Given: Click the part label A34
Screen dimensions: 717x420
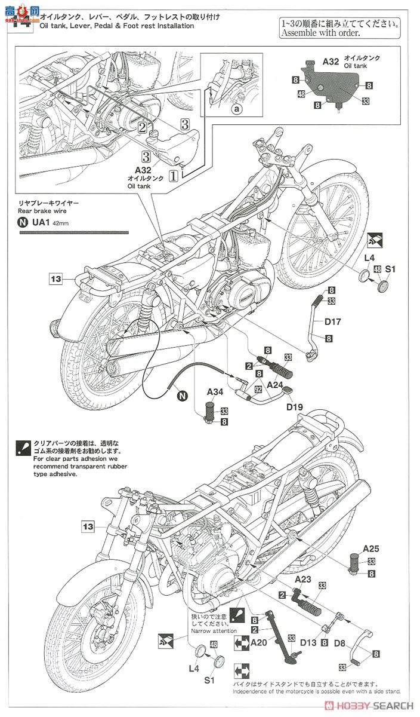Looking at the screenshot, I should (x=216, y=393).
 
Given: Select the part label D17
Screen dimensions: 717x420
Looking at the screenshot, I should (x=332, y=322).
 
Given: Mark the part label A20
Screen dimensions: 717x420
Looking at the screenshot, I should (x=258, y=643).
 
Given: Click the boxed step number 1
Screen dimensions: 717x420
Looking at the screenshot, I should (x=172, y=176).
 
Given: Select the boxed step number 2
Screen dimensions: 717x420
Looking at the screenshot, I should (x=142, y=127).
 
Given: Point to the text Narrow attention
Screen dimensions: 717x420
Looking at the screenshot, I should (x=214, y=630).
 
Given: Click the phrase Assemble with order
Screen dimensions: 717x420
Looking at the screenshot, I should (x=320, y=34).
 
